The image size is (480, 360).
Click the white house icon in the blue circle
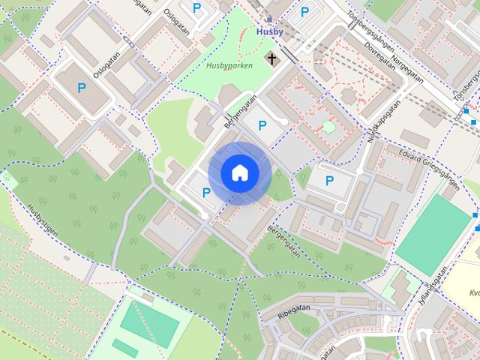[240, 173]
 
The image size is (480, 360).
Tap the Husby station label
[269, 32]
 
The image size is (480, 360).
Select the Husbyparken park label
[229, 65]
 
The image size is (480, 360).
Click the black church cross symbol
[270, 58]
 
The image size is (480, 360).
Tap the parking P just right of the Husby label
[304, 12]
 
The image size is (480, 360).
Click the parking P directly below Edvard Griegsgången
[328, 180]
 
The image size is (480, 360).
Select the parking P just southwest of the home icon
[206, 192]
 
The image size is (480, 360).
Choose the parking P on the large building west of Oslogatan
[81, 88]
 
